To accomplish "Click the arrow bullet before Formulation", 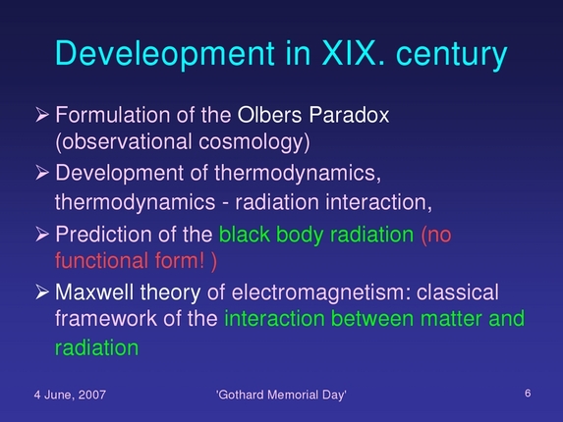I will (42, 116).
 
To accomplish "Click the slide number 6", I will (528, 393).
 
